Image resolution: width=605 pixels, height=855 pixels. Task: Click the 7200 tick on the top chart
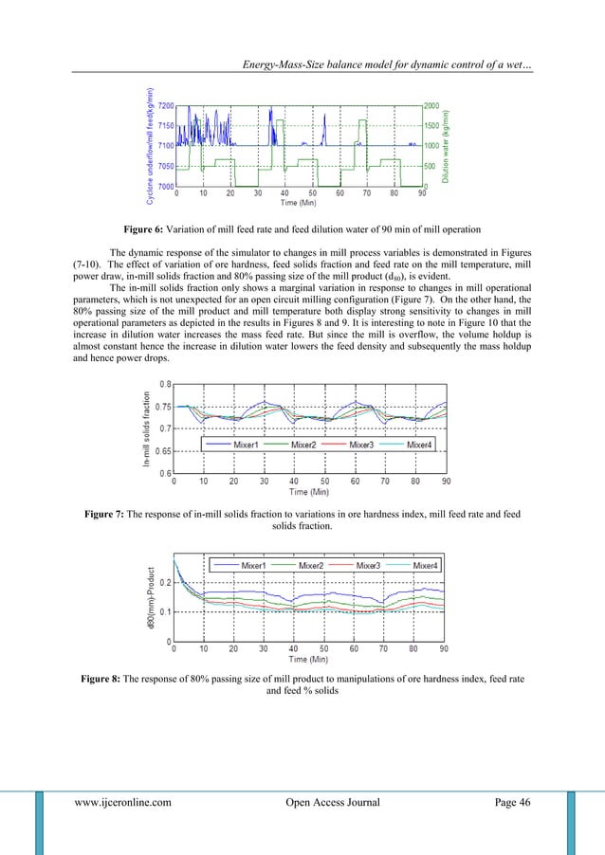[165, 106]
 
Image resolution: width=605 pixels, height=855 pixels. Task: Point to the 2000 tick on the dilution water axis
[431, 106]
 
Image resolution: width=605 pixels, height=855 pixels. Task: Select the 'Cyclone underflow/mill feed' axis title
[150, 145]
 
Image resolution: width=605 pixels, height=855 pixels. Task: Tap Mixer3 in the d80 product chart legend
[372, 565]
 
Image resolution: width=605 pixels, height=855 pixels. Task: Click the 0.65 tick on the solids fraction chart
[163, 450]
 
